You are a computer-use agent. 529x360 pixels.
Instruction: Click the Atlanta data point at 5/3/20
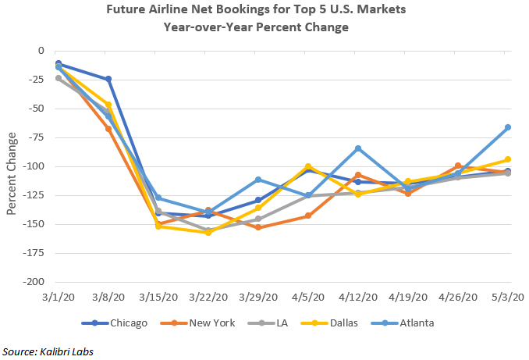508,127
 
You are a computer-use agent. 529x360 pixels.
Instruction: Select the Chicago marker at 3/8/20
108,79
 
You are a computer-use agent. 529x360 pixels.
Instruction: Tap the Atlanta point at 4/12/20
358,148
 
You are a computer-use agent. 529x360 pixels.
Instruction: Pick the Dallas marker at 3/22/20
208,233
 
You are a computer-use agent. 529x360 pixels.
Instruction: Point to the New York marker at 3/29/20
258,228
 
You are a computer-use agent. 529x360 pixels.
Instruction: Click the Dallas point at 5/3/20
508,159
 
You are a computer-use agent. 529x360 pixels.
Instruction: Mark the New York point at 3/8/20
108,128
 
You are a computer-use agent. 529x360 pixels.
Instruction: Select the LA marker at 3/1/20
59,78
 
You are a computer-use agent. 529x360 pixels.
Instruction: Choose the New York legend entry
185,323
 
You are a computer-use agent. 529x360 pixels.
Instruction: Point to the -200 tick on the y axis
34,282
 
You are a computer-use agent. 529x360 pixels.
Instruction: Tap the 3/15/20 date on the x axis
158,298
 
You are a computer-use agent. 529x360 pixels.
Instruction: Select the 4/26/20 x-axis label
458,298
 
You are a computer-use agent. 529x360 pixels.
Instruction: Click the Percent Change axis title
12,166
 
